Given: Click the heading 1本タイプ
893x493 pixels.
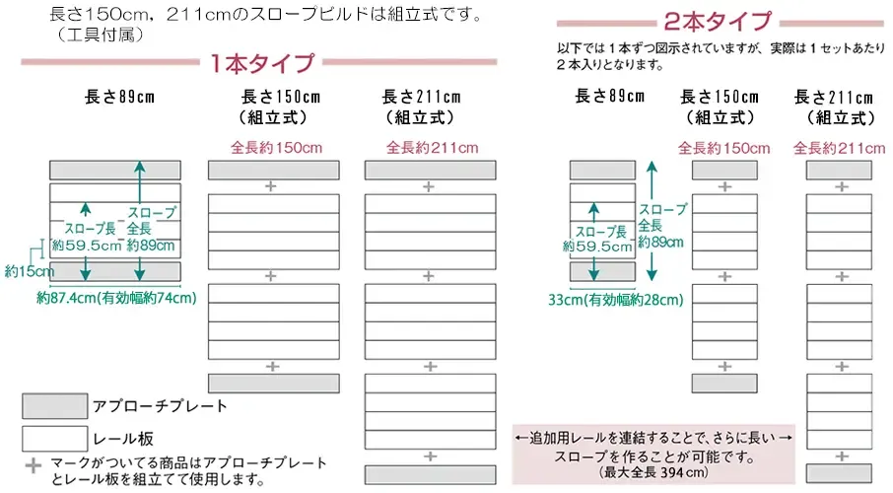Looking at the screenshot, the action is (262, 63).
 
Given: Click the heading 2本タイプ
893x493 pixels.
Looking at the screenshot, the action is (718, 22).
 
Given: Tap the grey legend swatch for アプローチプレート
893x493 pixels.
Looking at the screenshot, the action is (54, 406).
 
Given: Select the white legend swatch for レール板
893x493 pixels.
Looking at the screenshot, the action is (54, 439).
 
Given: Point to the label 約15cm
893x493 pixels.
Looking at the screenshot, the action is (29, 271).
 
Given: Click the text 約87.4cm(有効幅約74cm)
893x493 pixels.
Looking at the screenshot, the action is (116, 298).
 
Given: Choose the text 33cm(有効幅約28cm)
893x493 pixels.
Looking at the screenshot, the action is (616, 300).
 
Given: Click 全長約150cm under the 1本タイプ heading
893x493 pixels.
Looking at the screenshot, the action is (276, 148).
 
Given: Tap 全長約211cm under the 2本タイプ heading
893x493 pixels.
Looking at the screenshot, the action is (840, 149).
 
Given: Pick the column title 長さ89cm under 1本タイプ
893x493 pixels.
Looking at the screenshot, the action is (119, 97).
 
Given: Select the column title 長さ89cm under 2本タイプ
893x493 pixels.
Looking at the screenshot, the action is (610, 96).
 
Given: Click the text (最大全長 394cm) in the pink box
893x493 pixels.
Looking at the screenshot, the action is (653, 472).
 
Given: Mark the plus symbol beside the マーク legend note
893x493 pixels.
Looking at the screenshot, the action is (34, 465).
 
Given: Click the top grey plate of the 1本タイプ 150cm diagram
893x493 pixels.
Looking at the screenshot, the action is (274, 170).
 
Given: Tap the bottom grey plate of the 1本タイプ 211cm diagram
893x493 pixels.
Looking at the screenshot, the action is (431, 475).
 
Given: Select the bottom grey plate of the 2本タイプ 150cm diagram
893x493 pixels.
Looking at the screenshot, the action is (725, 384).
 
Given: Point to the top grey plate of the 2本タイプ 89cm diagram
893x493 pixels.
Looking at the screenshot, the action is (602, 170).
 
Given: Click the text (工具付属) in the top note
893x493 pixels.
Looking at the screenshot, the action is (101, 35).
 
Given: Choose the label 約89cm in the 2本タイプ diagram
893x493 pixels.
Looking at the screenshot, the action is (660, 243).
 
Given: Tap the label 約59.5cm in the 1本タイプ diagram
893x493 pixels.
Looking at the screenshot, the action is (87, 246).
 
